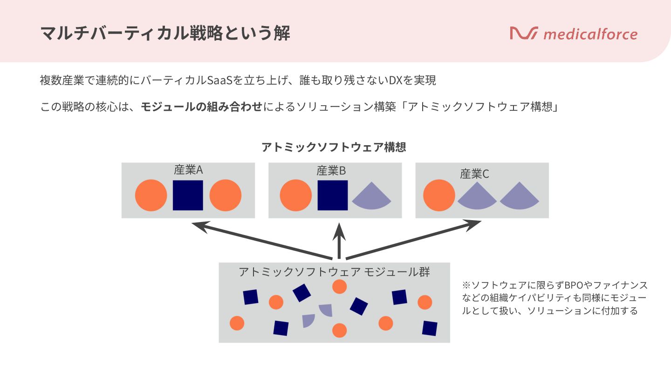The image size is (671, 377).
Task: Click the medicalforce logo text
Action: coord(590,34)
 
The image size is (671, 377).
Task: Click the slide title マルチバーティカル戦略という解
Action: coord(165,34)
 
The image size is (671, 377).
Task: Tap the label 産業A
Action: coord(188,170)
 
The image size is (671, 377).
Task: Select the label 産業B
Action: coord(331,171)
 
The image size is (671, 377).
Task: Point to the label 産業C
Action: coord(474,174)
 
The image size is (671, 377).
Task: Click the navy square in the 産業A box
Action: coord(188,195)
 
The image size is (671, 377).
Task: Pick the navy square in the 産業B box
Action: coord(333,195)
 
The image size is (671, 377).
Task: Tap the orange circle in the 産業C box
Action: coord(439,195)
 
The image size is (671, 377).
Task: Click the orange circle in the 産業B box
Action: coord(295,195)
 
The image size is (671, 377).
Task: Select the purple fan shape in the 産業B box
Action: coord(371,197)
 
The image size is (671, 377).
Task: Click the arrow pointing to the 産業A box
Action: coord(261,241)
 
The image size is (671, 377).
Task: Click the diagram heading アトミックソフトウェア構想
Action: coord(334,147)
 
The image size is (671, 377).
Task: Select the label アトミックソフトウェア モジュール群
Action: coord(334,272)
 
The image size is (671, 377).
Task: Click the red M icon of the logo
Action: coord(524,33)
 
